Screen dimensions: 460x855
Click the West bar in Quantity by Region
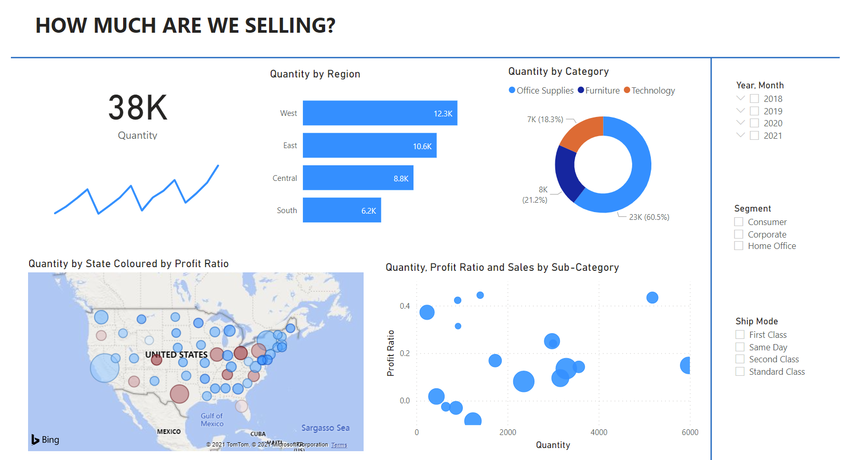tap(379, 113)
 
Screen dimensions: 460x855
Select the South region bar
tap(341, 210)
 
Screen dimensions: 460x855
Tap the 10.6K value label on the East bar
tap(422, 147)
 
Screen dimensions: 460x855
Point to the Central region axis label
tap(285, 178)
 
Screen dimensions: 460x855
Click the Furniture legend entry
tap(602, 90)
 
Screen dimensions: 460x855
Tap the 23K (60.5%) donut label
tap(649, 217)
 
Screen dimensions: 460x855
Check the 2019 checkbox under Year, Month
tap(754, 111)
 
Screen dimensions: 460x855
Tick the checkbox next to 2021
tap(754, 136)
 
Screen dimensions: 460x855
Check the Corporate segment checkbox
tap(739, 234)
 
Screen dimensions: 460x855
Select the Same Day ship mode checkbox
tap(740, 347)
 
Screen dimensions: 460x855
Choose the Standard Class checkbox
tap(740, 372)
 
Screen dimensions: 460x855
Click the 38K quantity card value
tap(138, 108)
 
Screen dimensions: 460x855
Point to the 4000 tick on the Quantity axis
tap(599, 432)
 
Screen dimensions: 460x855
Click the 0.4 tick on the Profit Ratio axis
tap(405, 306)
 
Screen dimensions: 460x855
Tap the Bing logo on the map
tap(45, 440)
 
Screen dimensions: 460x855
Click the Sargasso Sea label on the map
tap(325, 428)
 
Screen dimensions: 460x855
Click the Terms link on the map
tap(339, 445)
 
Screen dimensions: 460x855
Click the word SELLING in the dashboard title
tap(290, 25)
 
